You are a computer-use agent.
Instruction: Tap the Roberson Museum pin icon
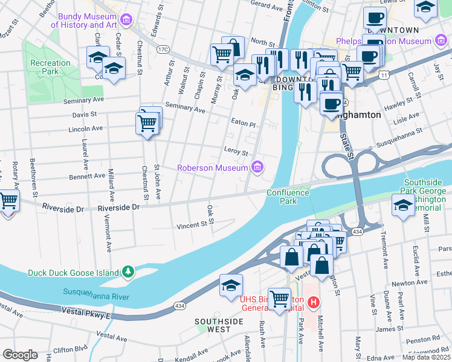(258, 167)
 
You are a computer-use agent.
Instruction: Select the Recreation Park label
(51, 67)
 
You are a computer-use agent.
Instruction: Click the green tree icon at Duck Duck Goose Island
(128, 273)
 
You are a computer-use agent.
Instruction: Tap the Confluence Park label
(289, 197)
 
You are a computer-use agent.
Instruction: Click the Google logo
(20, 355)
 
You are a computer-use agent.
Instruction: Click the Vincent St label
(192, 226)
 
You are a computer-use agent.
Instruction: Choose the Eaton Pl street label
(244, 122)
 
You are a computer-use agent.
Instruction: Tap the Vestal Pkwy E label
(86, 312)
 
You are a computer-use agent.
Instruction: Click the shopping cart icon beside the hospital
(279, 297)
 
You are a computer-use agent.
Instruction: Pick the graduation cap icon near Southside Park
(403, 205)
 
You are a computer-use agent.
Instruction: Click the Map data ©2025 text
(426, 357)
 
